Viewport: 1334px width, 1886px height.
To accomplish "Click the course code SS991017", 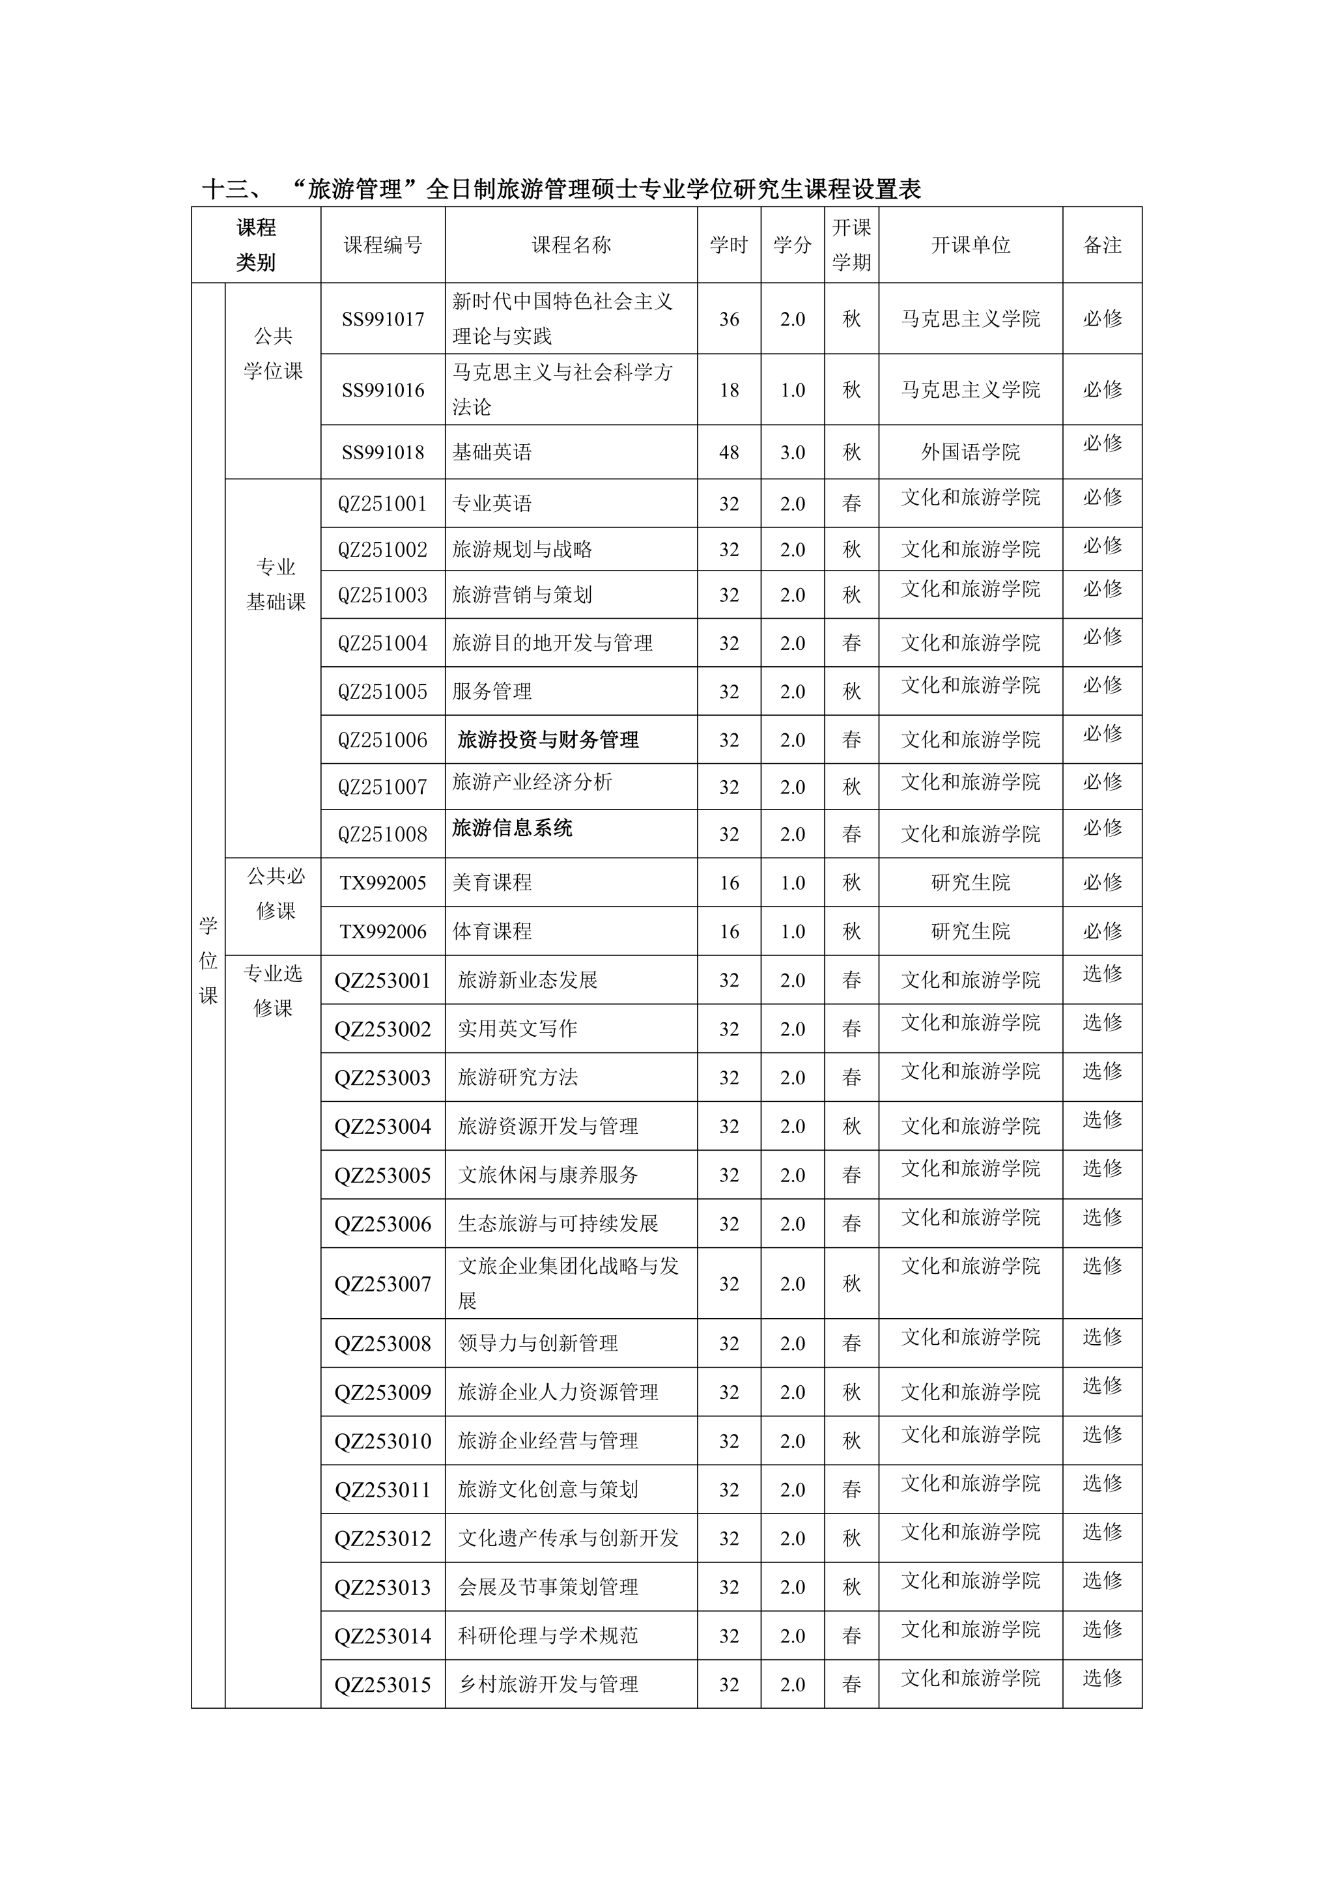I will point(383,320).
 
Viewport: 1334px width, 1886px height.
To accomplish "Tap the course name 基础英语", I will point(492,452).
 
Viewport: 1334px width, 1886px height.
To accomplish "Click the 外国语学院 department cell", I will point(970,452).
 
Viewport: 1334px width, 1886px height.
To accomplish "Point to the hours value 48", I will point(729,453).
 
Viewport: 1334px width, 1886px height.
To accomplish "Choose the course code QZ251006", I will point(383,740).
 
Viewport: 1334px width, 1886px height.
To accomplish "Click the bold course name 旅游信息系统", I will point(512,828).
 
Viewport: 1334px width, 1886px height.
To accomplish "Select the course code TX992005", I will point(383,883).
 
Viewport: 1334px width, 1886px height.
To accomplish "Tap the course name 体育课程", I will point(492,931).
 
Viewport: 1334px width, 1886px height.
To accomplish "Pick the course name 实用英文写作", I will point(517,1028).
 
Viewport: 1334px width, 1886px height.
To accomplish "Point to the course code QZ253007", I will point(383,1284).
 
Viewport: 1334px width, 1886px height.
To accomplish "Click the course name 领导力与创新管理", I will point(537,1343).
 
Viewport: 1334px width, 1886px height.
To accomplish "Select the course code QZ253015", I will point(383,1685).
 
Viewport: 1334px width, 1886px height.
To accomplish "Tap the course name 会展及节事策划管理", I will point(547,1587).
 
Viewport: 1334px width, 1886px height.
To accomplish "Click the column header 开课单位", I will point(970,245).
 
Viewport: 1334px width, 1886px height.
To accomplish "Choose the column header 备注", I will point(1101,245).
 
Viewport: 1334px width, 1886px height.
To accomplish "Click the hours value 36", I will point(729,320).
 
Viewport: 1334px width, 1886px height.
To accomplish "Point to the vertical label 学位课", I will point(208,960).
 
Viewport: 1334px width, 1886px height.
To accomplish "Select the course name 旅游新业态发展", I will point(528,980).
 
